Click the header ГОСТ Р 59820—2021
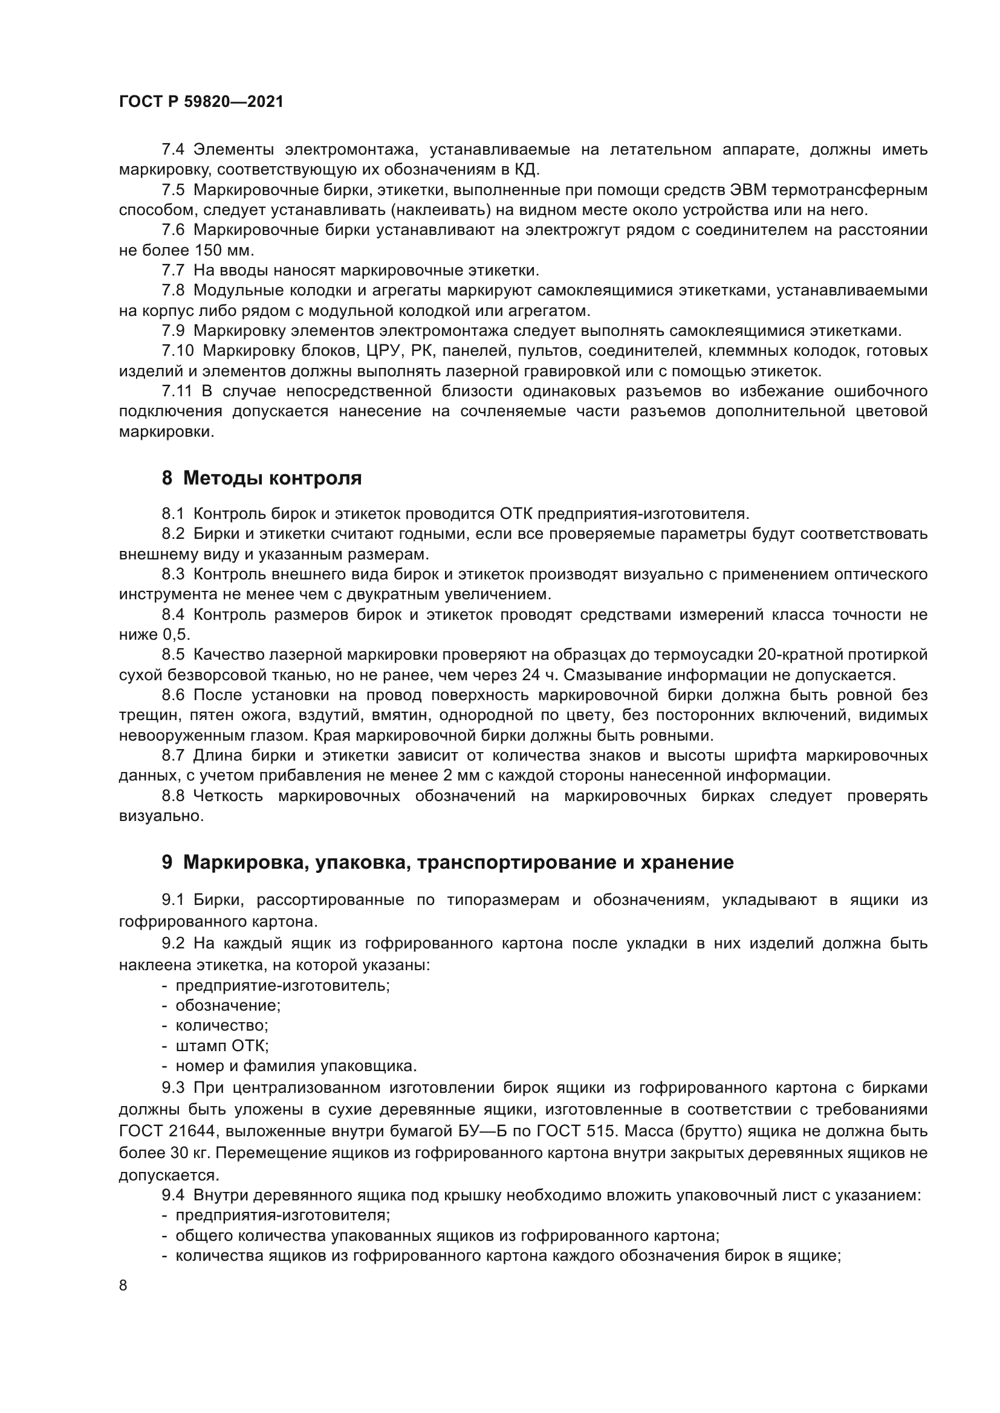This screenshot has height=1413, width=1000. click(201, 102)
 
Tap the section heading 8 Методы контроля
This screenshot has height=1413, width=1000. click(262, 478)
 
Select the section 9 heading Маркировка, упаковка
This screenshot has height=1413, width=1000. click(447, 862)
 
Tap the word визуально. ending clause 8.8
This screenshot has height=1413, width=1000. click(161, 816)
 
